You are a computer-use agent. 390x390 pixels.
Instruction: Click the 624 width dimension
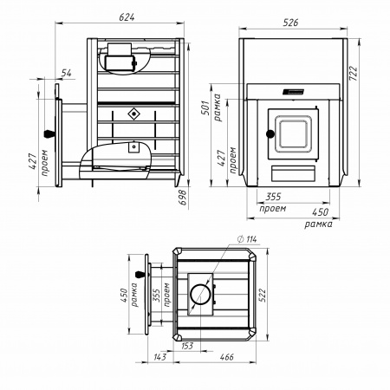pos(127,17)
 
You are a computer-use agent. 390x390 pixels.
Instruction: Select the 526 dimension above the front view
pos(290,23)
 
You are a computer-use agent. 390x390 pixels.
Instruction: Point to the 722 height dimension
pos(353,74)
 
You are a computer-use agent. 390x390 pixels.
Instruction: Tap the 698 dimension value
pos(183,198)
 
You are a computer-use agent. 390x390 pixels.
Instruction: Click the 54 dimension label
pos(66,73)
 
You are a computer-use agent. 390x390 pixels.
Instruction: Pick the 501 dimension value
pos(205,107)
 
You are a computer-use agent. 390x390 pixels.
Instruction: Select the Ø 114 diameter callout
pos(246,239)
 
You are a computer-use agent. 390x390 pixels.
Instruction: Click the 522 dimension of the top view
pos(262,295)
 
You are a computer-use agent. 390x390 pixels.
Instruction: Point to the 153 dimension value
pos(187,346)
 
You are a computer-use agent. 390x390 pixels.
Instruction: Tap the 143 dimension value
pos(159,357)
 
